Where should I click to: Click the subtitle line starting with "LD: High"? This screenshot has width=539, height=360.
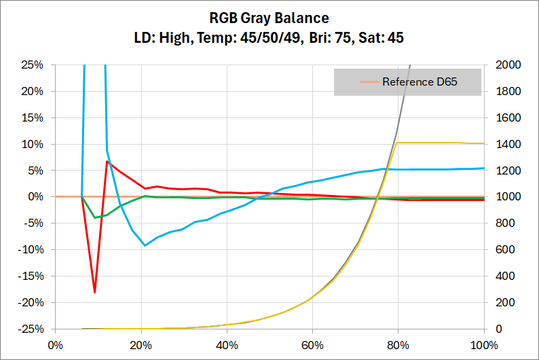269,37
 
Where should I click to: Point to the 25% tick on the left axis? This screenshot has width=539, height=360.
33,65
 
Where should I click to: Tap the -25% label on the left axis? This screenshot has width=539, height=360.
31,329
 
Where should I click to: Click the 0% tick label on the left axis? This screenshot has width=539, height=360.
35,197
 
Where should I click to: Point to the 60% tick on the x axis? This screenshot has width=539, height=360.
312,344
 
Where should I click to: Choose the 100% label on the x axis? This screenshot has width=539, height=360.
483,344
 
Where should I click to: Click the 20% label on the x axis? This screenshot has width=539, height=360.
141,344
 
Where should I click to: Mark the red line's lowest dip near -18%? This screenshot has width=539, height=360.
94,292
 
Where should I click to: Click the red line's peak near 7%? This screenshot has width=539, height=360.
107,161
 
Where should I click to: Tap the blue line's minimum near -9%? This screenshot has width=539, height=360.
145,245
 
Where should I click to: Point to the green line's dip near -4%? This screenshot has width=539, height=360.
95,217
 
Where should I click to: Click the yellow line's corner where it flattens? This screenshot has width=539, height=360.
397,143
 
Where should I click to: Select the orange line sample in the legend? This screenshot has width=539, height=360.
369,82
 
